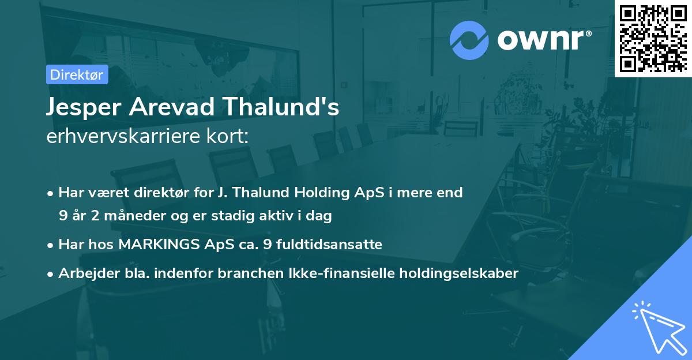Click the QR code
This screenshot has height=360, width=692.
pyautogui.click(x=653, y=38)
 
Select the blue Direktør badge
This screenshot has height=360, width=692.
pyautogui.click(x=77, y=74)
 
